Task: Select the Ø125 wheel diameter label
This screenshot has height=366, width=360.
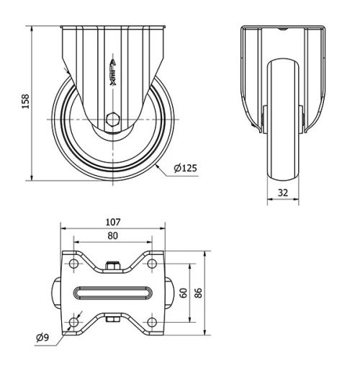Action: click(185, 169)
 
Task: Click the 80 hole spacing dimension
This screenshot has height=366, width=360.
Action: click(112, 235)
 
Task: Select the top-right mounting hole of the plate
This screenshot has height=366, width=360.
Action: click(151, 266)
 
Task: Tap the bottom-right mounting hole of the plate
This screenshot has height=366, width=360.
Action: click(151, 321)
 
